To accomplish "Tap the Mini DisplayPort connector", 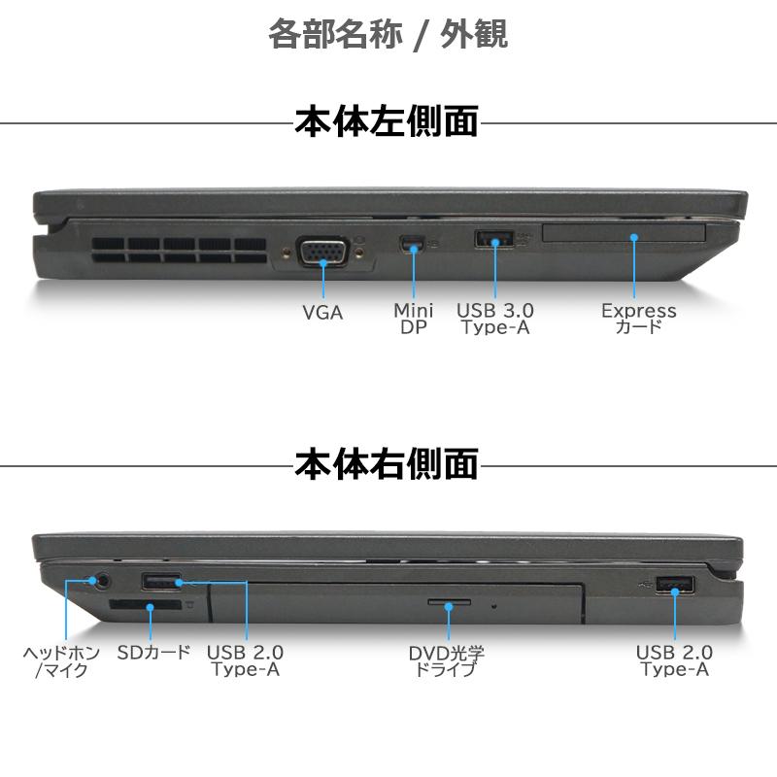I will point(414,243).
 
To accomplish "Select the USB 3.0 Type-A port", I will point(493,238).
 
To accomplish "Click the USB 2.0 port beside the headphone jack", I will point(160,583).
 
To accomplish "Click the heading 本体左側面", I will point(387,123).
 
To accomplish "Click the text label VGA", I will point(322,312).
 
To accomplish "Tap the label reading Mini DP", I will point(414,319).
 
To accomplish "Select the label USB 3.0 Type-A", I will point(495,319).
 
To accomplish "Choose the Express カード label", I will point(638,319).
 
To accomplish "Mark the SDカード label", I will point(153,653).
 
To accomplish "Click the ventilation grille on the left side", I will point(181,252).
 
